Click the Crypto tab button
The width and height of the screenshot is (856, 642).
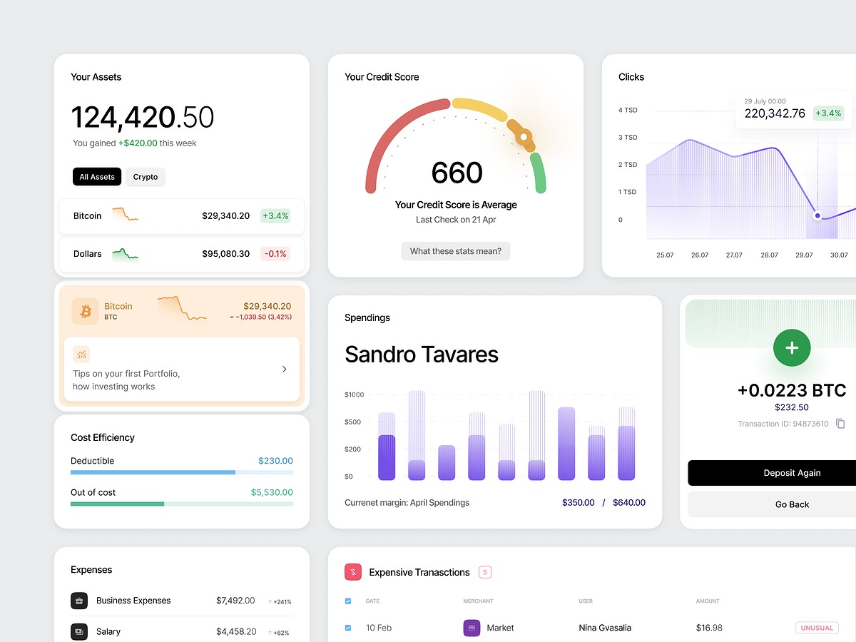pyautogui.click(x=146, y=177)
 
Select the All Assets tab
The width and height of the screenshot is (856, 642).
pyautogui.click(x=97, y=177)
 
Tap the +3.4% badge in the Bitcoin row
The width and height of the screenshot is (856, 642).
pyautogui.click(x=275, y=215)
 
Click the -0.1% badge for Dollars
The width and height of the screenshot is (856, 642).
pyautogui.click(x=275, y=254)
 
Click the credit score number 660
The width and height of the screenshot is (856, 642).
pyautogui.click(x=457, y=173)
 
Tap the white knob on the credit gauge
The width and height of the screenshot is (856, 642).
pyautogui.click(x=524, y=136)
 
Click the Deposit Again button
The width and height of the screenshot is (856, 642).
pyautogui.click(x=791, y=473)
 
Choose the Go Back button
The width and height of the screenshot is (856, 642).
pyautogui.click(x=791, y=504)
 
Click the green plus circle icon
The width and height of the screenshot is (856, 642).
pyautogui.click(x=792, y=348)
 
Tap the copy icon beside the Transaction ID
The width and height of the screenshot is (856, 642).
pyautogui.click(x=840, y=424)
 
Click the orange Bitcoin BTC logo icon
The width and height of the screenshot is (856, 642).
pyautogui.click(x=86, y=311)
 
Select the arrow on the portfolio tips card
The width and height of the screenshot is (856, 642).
pyautogui.click(x=284, y=369)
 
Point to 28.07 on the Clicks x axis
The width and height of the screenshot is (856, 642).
pyautogui.click(x=769, y=255)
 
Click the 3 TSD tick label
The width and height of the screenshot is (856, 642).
pyautogui.click(x=628, y=137)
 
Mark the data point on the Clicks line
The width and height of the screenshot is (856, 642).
pyautogui.click(x=817, y=215)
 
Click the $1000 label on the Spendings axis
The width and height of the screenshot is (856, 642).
pyautogui.click(x=354, y=394)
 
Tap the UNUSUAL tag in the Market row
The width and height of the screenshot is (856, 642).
pyautogui.click(x=817, y=628)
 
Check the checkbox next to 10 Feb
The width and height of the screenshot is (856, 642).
pyautogui.click(x=348, y=628)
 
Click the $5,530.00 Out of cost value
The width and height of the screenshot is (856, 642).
pyautogui.click(x=272, y=492)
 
